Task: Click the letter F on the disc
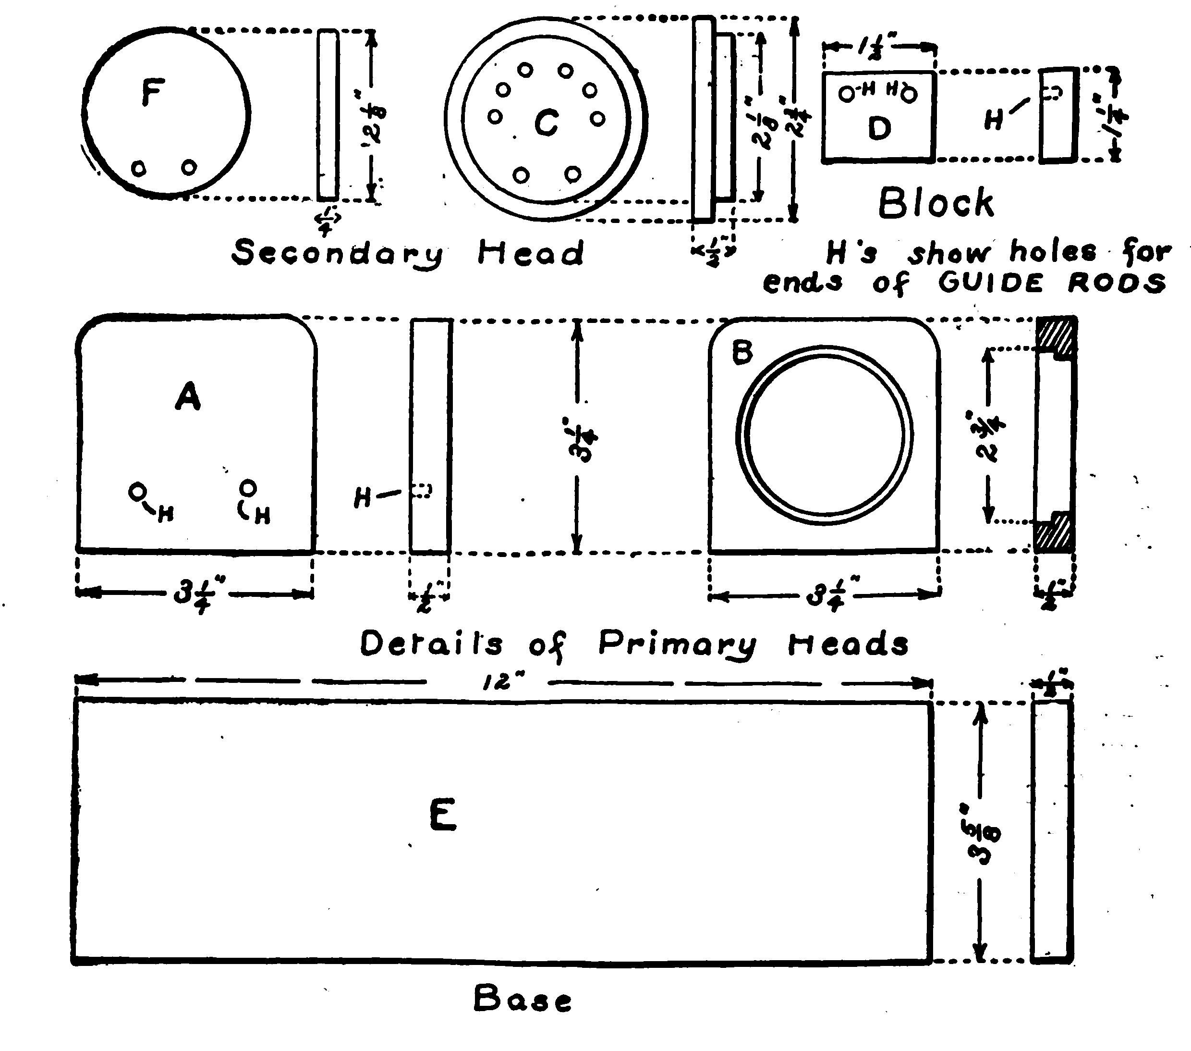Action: click(x=153, y=93)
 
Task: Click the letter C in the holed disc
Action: click(x=546, y=124)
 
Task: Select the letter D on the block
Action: click(x=879, y=128)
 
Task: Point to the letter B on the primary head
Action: click(x=742, y=353)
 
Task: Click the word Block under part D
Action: click(x=936, y=203)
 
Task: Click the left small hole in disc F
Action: click(x=139, y=169)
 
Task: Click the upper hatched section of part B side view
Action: click(x=1056, y=334)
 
